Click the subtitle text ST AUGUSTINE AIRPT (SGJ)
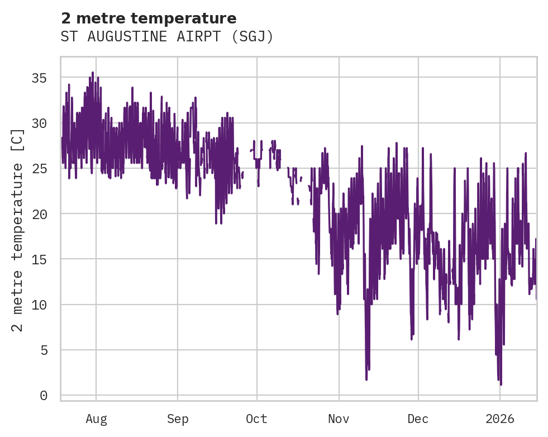pos(167,37)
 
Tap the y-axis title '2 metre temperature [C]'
pos(18,230)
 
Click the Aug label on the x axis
pos(96,419)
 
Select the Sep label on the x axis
pos(178,419)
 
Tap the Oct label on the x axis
pos(256,419)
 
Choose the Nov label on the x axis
pos(339,419)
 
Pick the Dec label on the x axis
pos(418,419)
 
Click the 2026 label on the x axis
pos(500,419)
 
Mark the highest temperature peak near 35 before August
pos(93,73)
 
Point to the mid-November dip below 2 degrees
pos(366,379)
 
